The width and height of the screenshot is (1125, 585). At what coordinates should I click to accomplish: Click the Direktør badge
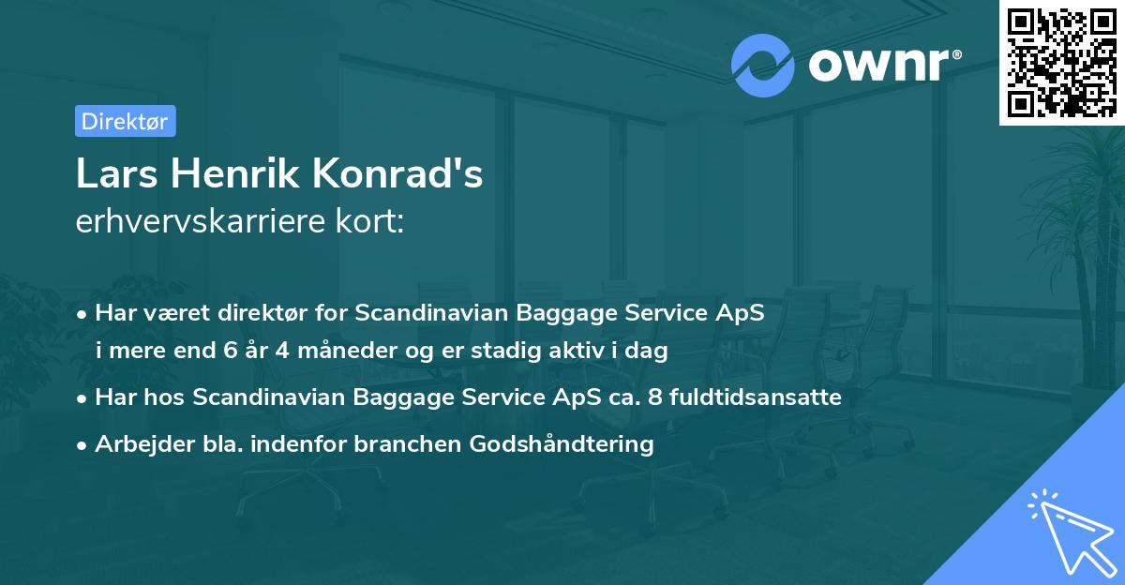[x=125, y=121]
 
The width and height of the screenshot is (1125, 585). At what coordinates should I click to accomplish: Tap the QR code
[x=1062, y=63]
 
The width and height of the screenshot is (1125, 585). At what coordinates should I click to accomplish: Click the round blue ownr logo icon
[x=763, y=64]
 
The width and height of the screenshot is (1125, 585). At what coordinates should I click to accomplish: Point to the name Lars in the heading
[x=109, y=174]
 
